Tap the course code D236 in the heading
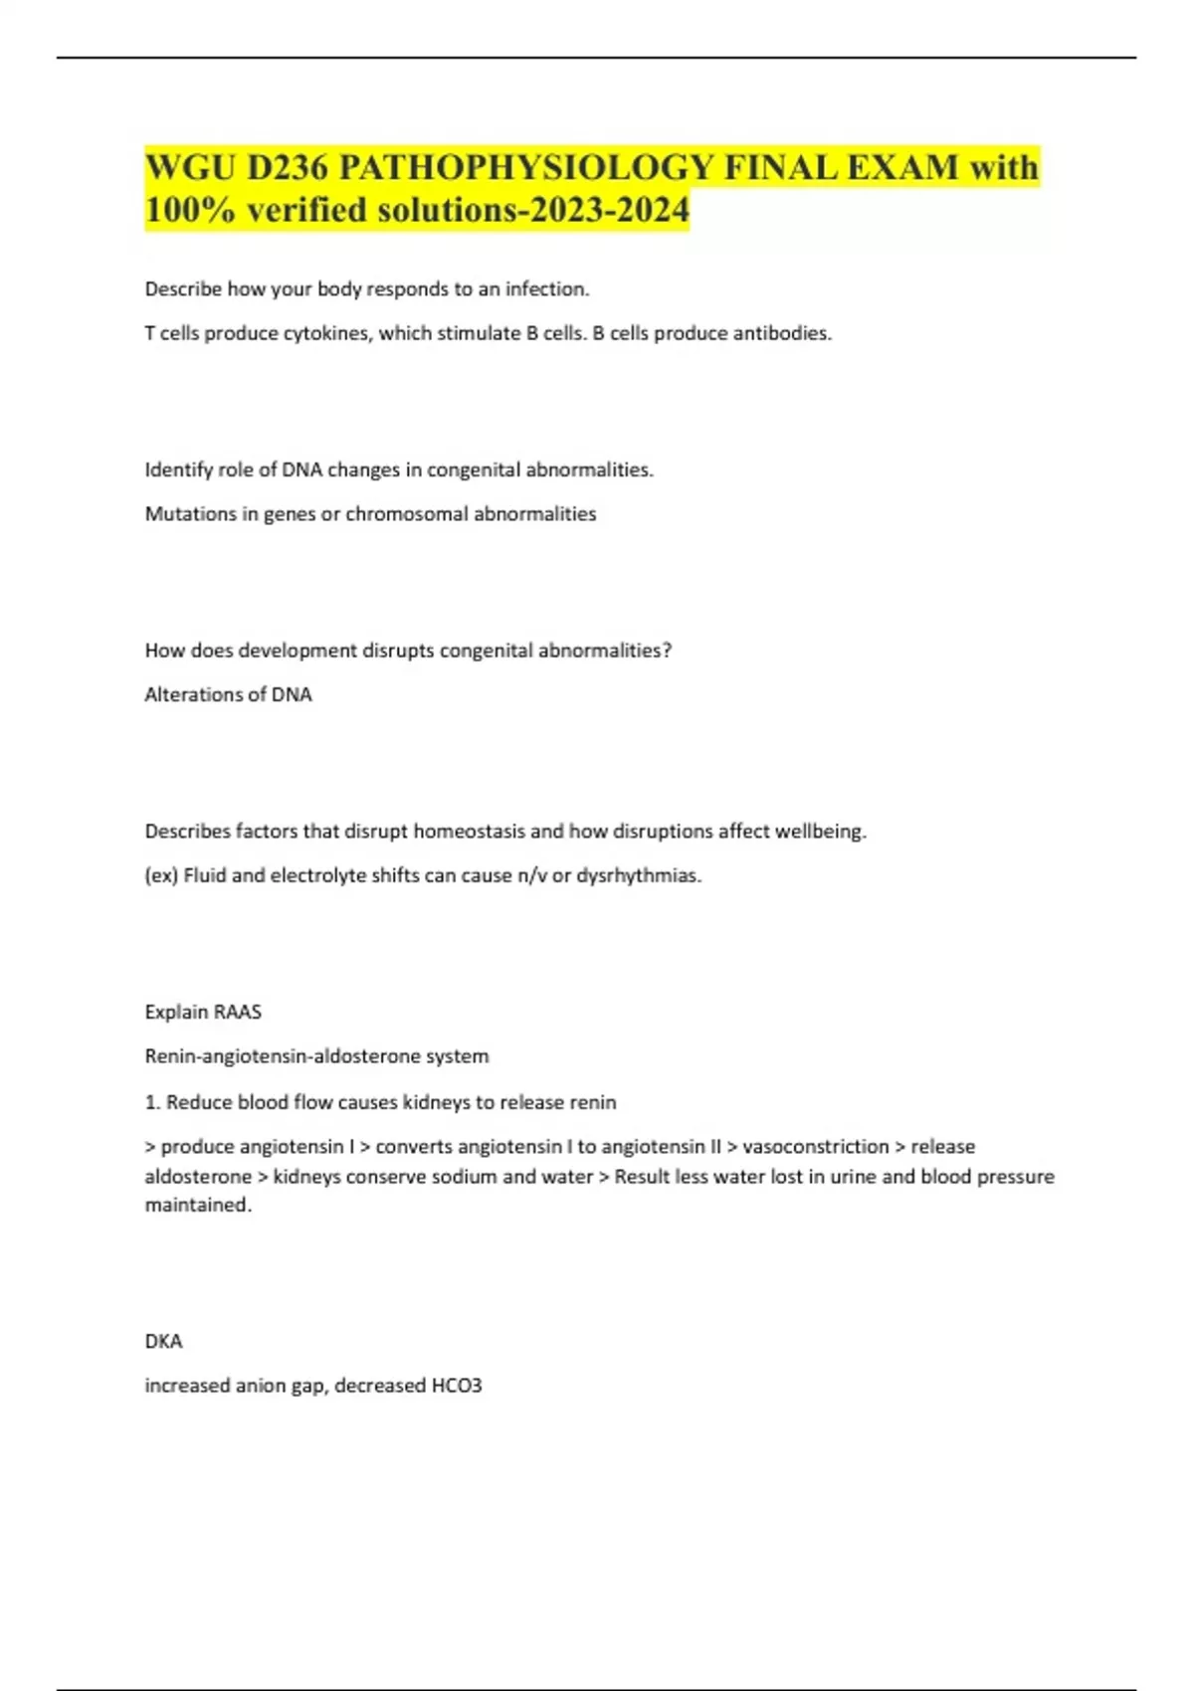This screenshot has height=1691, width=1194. click(287, 167)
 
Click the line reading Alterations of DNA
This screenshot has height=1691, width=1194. click(228, 694)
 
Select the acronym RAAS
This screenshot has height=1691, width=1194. click(238, 1012)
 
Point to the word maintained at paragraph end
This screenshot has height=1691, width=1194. click(198, 1205)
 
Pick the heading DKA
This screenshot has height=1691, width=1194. click(163, 1341)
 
